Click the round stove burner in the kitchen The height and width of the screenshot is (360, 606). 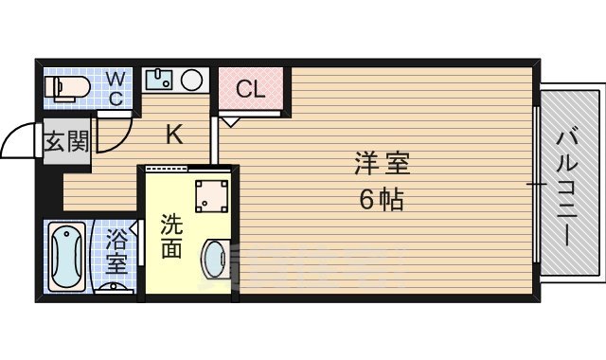point(193,79)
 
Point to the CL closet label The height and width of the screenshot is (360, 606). point(250,90)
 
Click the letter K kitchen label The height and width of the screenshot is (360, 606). point(174,135)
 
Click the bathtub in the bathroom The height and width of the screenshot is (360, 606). point(67,256)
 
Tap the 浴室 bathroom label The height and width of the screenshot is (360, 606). point(116,250)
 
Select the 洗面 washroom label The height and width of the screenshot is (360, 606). point(170,237)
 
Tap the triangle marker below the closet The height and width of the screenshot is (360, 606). point(231,120)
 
